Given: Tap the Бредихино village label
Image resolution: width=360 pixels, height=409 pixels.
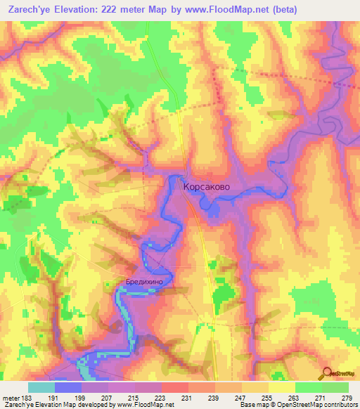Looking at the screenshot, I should click(144, 281).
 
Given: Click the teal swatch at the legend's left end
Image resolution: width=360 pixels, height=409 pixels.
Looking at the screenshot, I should click(41, 387).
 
